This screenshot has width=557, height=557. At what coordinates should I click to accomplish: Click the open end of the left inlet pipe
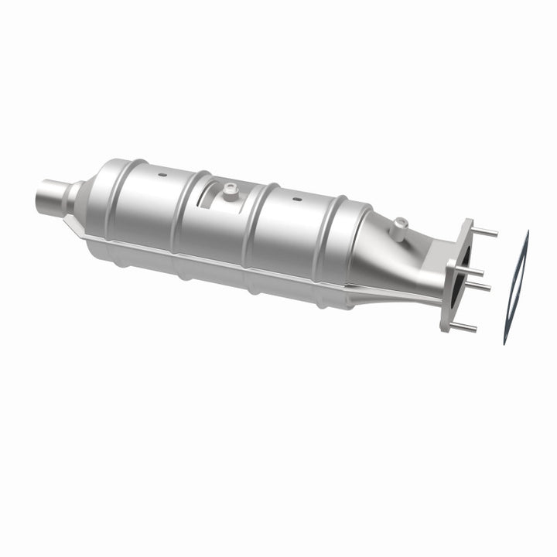[x=40, y=196]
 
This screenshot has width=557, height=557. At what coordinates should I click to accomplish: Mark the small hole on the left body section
[x=164, y=176]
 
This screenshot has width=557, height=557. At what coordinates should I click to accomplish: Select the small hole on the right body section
[x=296, y=200]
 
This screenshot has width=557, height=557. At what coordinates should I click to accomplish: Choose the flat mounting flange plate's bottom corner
[x=446, y=328]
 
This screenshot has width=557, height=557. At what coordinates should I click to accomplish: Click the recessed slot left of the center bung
[x=207, y=200]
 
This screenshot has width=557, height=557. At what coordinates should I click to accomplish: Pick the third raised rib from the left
[x=255, y=224]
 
